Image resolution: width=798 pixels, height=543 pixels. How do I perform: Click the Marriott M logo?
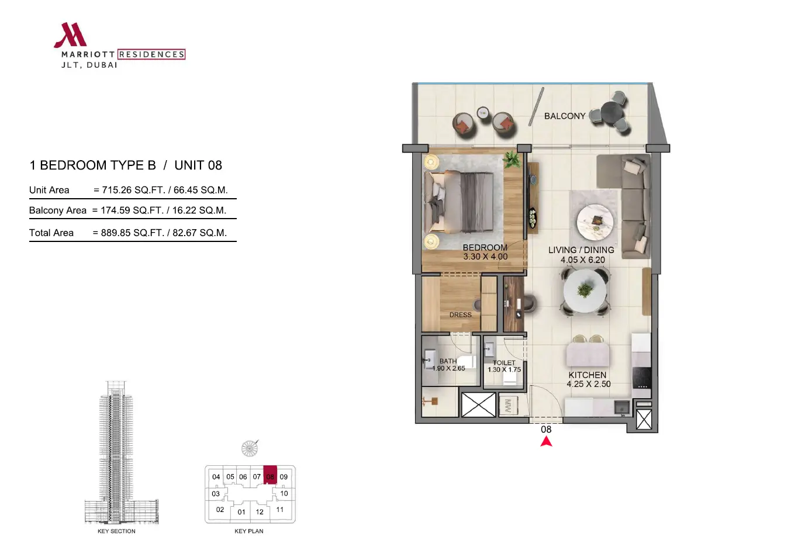coord(71,35)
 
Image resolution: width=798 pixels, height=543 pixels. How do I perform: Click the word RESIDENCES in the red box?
coord(151,54)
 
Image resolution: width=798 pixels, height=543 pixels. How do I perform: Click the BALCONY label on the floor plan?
coord(565,116)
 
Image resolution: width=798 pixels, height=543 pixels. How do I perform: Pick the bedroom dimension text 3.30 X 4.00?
coord(485,257)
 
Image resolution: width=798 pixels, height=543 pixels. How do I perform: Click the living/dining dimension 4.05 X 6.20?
coord(582,260)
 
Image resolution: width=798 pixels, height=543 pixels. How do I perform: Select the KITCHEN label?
coord(587,375)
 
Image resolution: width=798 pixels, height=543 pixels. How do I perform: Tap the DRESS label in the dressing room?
coord(460,315)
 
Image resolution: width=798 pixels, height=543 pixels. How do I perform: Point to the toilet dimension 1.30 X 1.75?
coord(504,369)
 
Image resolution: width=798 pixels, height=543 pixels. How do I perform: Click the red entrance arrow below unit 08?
coord(546,441)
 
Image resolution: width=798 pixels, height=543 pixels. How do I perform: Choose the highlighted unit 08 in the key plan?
coord(270,475)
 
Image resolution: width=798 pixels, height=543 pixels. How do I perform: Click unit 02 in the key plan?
coord(220,510)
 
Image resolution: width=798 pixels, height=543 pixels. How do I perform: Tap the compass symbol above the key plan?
coord(250,448)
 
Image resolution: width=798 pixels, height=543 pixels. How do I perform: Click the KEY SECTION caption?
coord(116,531)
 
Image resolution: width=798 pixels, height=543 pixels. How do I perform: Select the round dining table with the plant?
coord(584,290)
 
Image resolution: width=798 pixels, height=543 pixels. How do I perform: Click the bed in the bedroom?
coord(459,202)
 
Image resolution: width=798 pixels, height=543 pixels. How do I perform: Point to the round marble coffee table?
coord(595,222)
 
